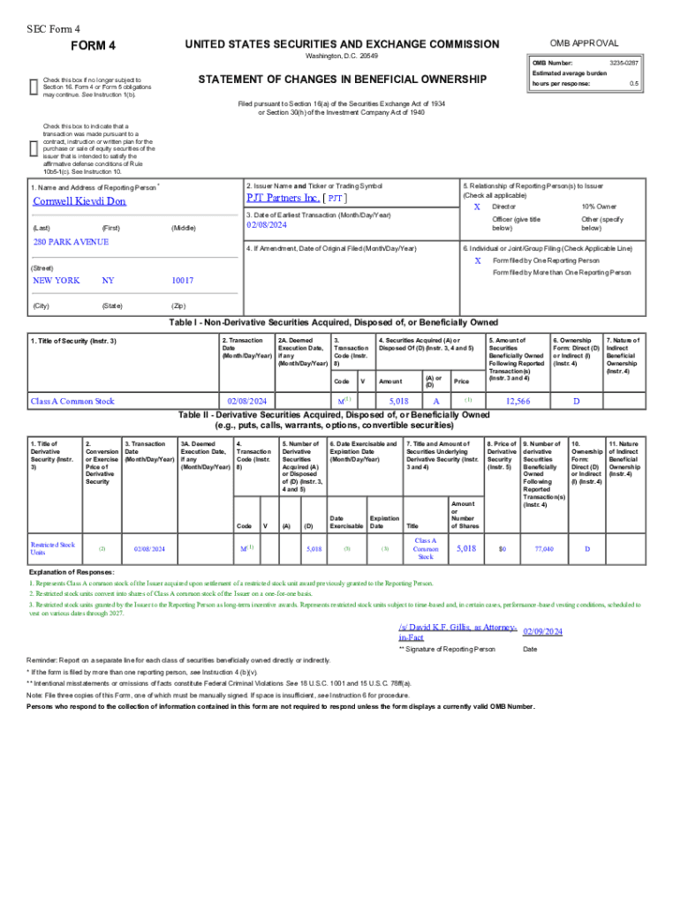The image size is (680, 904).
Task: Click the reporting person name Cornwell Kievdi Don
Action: coord(79,200)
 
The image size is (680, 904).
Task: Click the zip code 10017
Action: coord(183,281)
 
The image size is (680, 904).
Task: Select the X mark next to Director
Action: coord(477,206)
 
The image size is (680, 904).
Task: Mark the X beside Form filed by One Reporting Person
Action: coord(477,261)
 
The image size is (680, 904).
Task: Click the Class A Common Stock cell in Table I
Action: coord(72,401)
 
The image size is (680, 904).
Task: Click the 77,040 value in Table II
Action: coord(544,549)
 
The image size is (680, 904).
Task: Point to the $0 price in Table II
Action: coord(502,549)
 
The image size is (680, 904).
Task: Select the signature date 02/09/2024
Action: coord(542,632)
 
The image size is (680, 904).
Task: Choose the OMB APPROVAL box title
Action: coord(584,43)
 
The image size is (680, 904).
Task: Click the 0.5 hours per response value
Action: coord(633,83)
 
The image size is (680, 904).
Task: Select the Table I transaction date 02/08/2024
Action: coord(246,401)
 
